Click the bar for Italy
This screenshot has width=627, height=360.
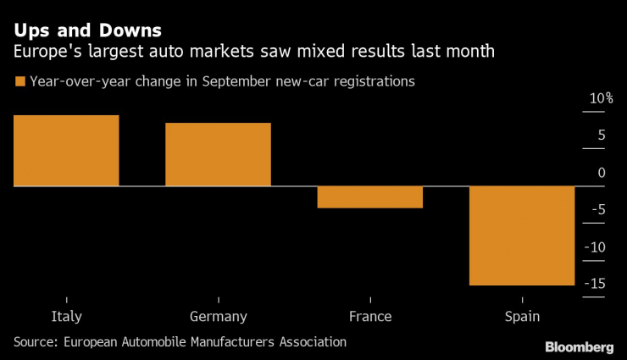(x=66, y=150)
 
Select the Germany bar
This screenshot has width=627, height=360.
(x=218, y=154)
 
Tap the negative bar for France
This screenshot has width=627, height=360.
(x=369, y=197)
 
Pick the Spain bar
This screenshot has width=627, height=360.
(x=522, y=235)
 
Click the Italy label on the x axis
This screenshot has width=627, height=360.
(x=66, y=317)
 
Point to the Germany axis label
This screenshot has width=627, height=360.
(x=218, y=317)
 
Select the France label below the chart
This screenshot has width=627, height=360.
(x=369, y=317)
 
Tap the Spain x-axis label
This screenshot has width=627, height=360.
(x=522, y=317)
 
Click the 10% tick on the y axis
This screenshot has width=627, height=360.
(x=601, y=98)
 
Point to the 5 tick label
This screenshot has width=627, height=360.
(x=601, y=136)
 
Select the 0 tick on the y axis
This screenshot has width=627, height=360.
(x=602, y=173)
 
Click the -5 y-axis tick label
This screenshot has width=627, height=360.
(x=597, y=210)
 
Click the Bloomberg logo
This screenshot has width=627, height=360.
(x=579, y=346)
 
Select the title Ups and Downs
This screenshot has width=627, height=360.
(x=86, y=31)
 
